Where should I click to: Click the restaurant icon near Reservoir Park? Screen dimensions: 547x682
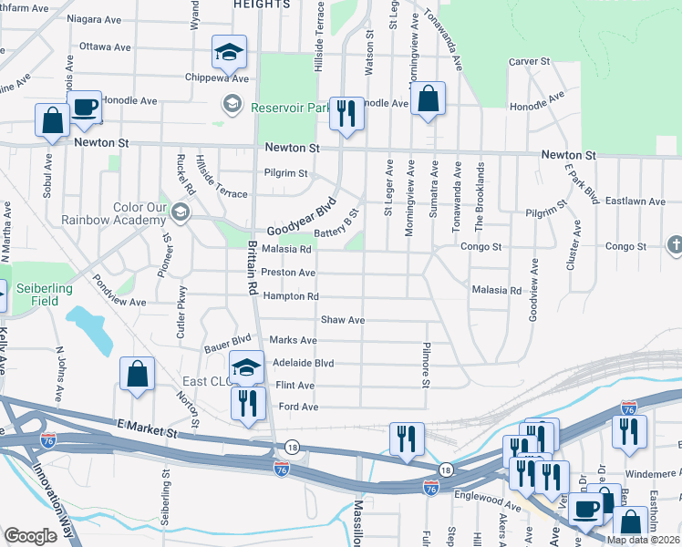[x=346, y=114]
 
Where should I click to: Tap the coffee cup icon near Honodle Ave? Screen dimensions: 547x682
[x=84, y=108]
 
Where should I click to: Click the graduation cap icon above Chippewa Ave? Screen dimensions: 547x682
[x=229, y=52]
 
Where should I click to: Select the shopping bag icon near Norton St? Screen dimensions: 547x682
[x=137, y=374]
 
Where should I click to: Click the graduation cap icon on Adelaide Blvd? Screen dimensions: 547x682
[x=246, y=367]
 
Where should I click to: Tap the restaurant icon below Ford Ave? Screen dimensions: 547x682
[x=248, y=403]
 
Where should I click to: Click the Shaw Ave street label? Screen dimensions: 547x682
[x=343, y=320]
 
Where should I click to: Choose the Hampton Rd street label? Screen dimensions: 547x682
[x=290, y=296]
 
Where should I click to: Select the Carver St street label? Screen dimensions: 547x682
[x=531, y=61]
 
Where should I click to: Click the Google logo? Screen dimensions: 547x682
[x=30, y=536]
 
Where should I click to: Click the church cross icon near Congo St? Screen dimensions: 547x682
[x=675, y=244]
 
